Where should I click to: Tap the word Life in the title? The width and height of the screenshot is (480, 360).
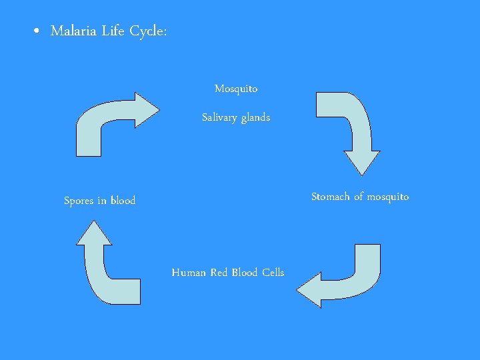(x=113, y=31)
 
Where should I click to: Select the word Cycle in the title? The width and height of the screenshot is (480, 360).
(x=147, y=31)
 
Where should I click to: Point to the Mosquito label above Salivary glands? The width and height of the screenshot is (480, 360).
(x=236, y=89)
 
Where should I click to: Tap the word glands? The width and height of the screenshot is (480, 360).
(x=255, y=117)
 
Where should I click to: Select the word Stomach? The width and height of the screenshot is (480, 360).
(x=331, y=197)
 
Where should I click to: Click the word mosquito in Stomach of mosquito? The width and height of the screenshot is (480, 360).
(x=388, y=197)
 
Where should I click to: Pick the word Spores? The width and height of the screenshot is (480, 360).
(x=79, y=201)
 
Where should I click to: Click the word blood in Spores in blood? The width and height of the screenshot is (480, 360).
(x=123, y=201)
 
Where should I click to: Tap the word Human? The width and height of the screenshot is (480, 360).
(x=189, y=272)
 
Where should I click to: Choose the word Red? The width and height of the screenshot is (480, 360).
(x=219, y=272)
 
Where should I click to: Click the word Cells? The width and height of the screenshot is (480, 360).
(x=273, y=272)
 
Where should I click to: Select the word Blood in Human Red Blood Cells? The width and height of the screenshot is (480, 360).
(x=245, y=272)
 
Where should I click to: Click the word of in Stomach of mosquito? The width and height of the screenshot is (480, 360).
(x=359, y=197)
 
